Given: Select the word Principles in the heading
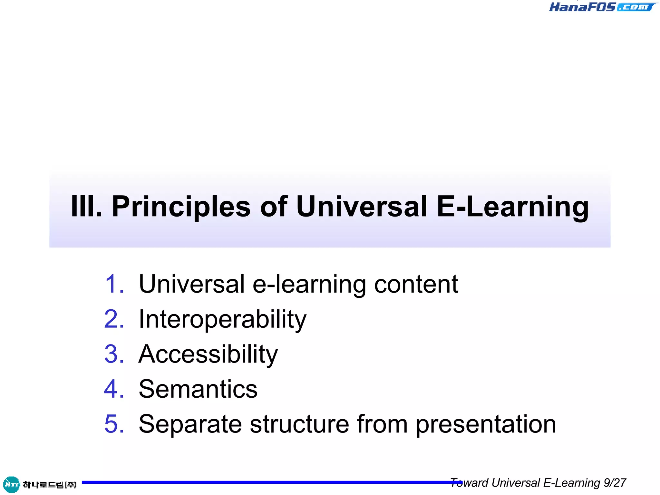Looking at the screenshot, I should point(181,207).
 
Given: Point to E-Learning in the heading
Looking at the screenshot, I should point(513,207).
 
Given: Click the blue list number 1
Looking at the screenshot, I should point(114,284).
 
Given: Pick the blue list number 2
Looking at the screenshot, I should point(114,319).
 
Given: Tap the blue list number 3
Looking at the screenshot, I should point(114,354).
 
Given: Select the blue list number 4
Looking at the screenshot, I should point(114,389).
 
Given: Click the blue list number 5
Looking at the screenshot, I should point(114,424).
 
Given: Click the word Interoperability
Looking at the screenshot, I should point(222,319).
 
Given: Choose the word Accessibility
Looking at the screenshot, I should point(208,354).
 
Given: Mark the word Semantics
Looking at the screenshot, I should point(198,389).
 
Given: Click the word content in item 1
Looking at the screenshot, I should point(416,284).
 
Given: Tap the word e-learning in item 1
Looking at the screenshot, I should point(309,285).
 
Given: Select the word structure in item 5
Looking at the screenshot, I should point(299,424).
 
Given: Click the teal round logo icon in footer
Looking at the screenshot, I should point(11,484).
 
